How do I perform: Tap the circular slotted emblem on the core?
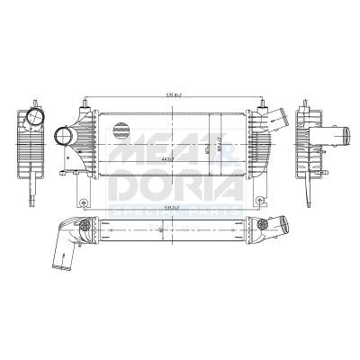(121, 129)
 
